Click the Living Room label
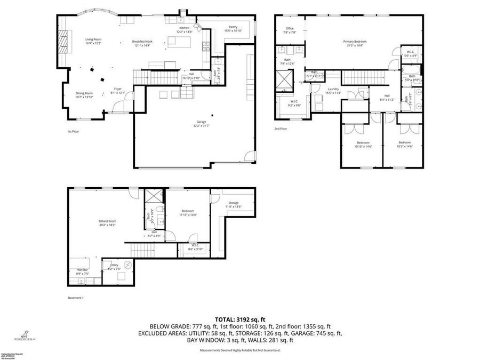[x=93, y=39]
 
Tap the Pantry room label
[x=233, y=27]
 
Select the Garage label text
[x=201, y=122]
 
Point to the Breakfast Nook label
[x=142, y=41]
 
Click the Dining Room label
[x=84, y=93]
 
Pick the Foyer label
[x=118, y=89]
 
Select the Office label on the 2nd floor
[x=290, y=29]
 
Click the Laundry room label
[x=333, y=89]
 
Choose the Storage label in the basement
[x=234, y=203]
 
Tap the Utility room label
[x=114, y=265]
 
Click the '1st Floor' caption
[x=73, y=131]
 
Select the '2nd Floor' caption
[x=281, y=129]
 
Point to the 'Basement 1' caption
[x=76, y=298]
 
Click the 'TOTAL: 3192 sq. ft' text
[x=239, y=318]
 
